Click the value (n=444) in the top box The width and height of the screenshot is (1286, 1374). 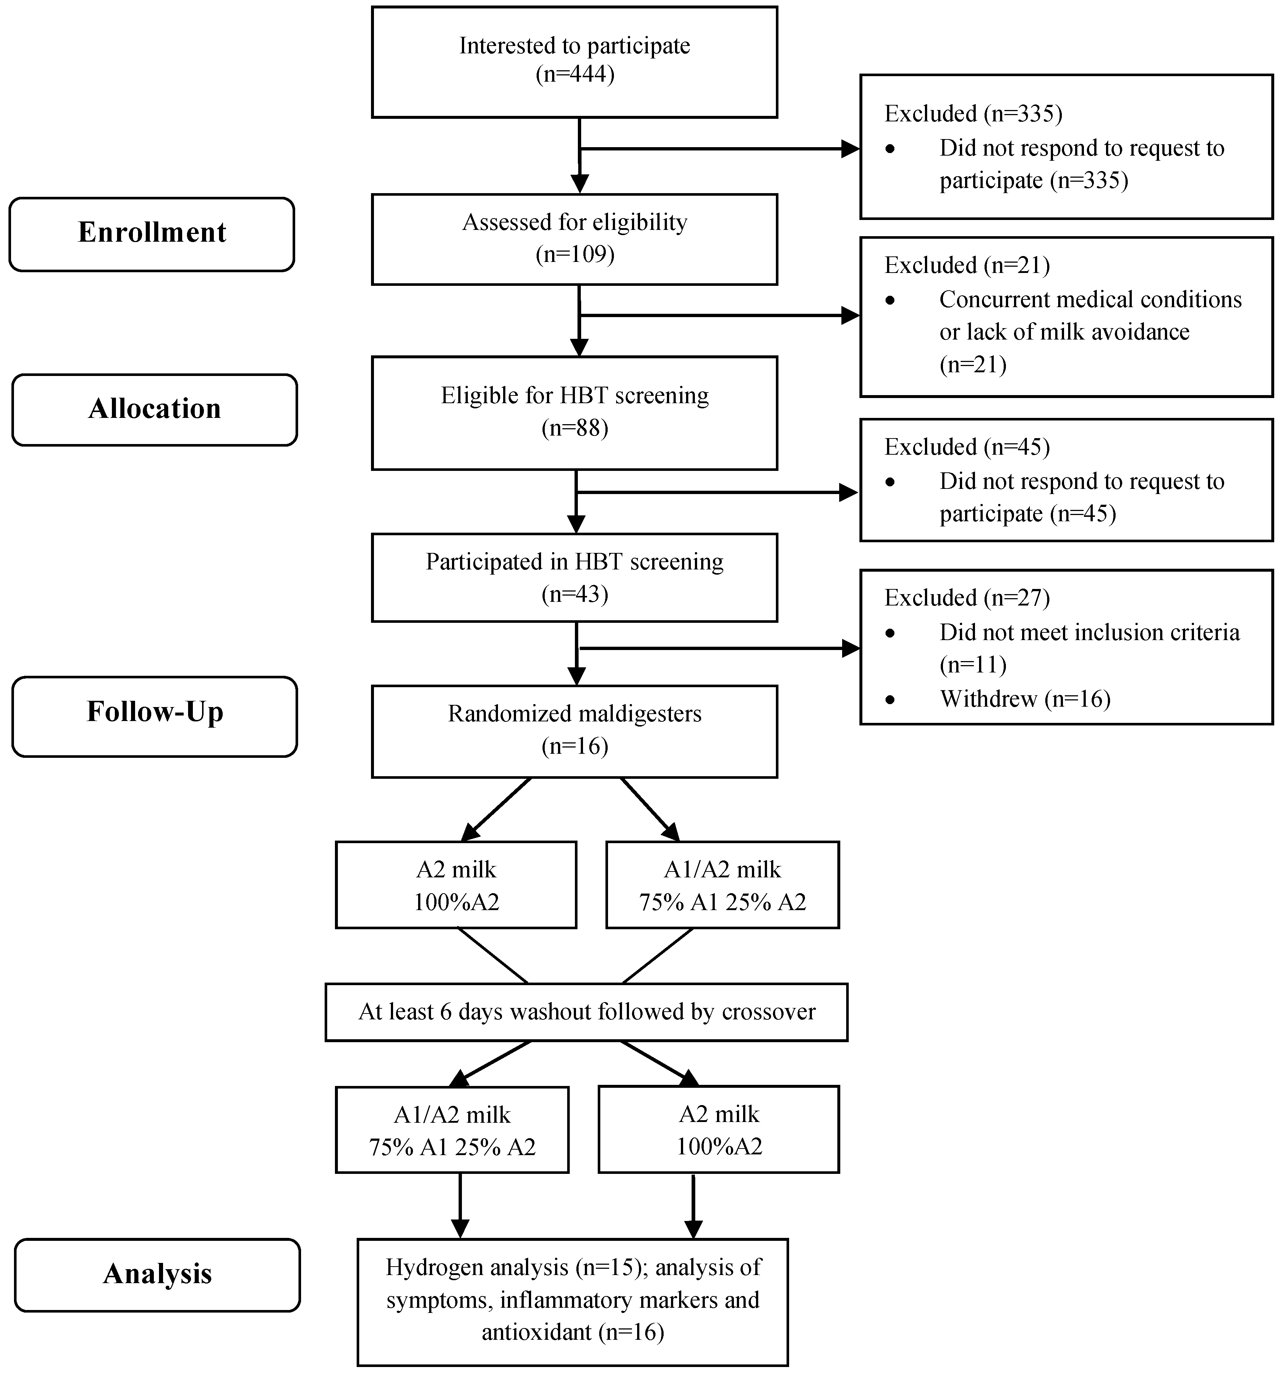pyautogui.click(x=575, y=73)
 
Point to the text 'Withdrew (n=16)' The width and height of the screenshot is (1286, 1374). pyautogui.click(x=1025, y=699)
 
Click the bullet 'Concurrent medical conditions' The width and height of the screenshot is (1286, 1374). pyautogui.click(x=1090, y=299)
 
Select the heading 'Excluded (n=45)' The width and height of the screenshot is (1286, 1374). pyautogui.click(x=967, y=447)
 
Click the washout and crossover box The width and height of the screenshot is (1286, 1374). pyautogui.click(x=586, y=1012)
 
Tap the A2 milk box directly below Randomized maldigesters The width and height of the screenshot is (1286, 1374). pyautogui.click(x=456, y=885)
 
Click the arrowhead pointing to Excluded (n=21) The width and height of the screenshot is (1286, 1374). pyautogui.click(x=851, y=316)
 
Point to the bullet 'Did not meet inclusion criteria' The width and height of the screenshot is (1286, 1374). pyautogui.click(x=1089, y=632)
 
